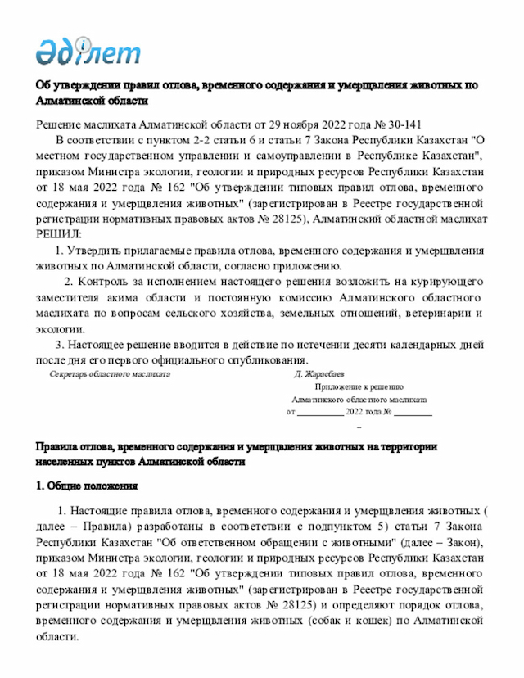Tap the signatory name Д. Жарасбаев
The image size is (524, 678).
(326, 374)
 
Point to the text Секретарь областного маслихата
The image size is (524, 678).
(110, 374)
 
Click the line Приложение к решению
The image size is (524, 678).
(359, 387)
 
